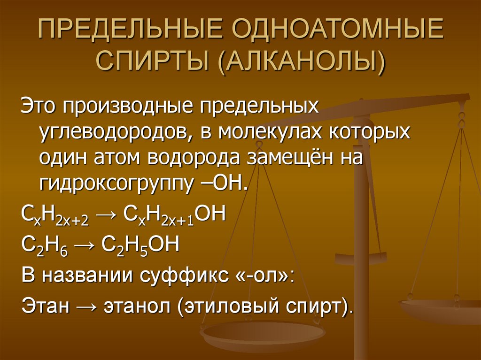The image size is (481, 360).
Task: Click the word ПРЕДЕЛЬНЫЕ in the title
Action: click(x=130, y=32)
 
